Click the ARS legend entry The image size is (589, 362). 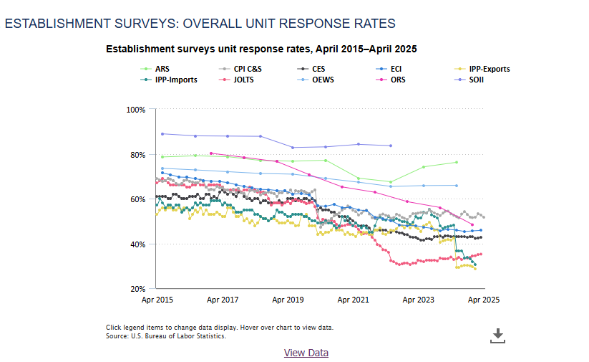(163, 69)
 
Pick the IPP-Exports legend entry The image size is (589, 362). (489, 69)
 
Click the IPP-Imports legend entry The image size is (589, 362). (177, 80)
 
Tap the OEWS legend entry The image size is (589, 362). (323, 80)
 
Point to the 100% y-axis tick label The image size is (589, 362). (135, 110)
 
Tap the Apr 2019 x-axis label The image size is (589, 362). (288, 300)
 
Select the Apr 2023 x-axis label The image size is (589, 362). (419, 300)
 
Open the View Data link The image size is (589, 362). (306, 353)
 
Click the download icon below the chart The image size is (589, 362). (498, 335)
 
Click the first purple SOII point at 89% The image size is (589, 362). (162, 134)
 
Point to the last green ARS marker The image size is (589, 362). (457, 162)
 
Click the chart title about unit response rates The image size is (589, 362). (261, 49)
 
